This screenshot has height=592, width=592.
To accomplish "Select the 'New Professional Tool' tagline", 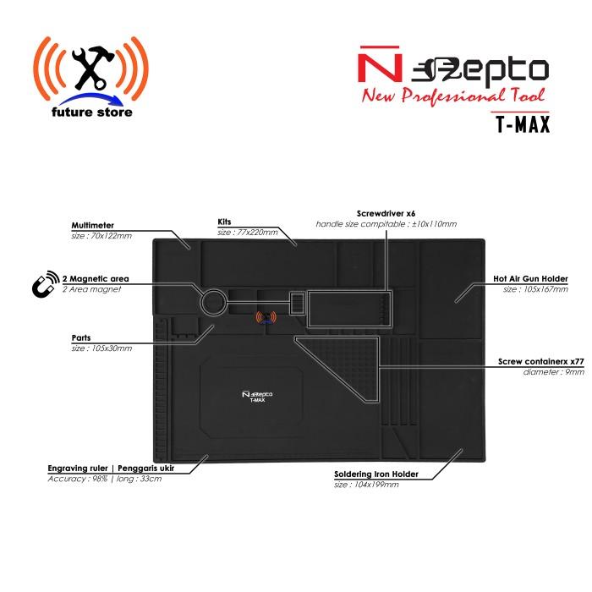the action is [454, 96].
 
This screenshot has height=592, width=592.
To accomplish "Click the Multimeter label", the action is [93, 226].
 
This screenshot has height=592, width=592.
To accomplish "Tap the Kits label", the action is [225, 222].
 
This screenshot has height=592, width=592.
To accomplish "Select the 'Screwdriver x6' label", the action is [388, 215].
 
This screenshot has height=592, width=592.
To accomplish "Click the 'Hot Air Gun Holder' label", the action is [530, 278].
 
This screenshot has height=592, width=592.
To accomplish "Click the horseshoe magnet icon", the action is [41, 286].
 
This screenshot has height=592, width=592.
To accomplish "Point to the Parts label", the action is [82, 337].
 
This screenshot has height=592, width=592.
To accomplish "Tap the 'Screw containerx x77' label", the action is [541, 361].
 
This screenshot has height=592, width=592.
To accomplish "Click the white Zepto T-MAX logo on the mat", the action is [254, 397].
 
